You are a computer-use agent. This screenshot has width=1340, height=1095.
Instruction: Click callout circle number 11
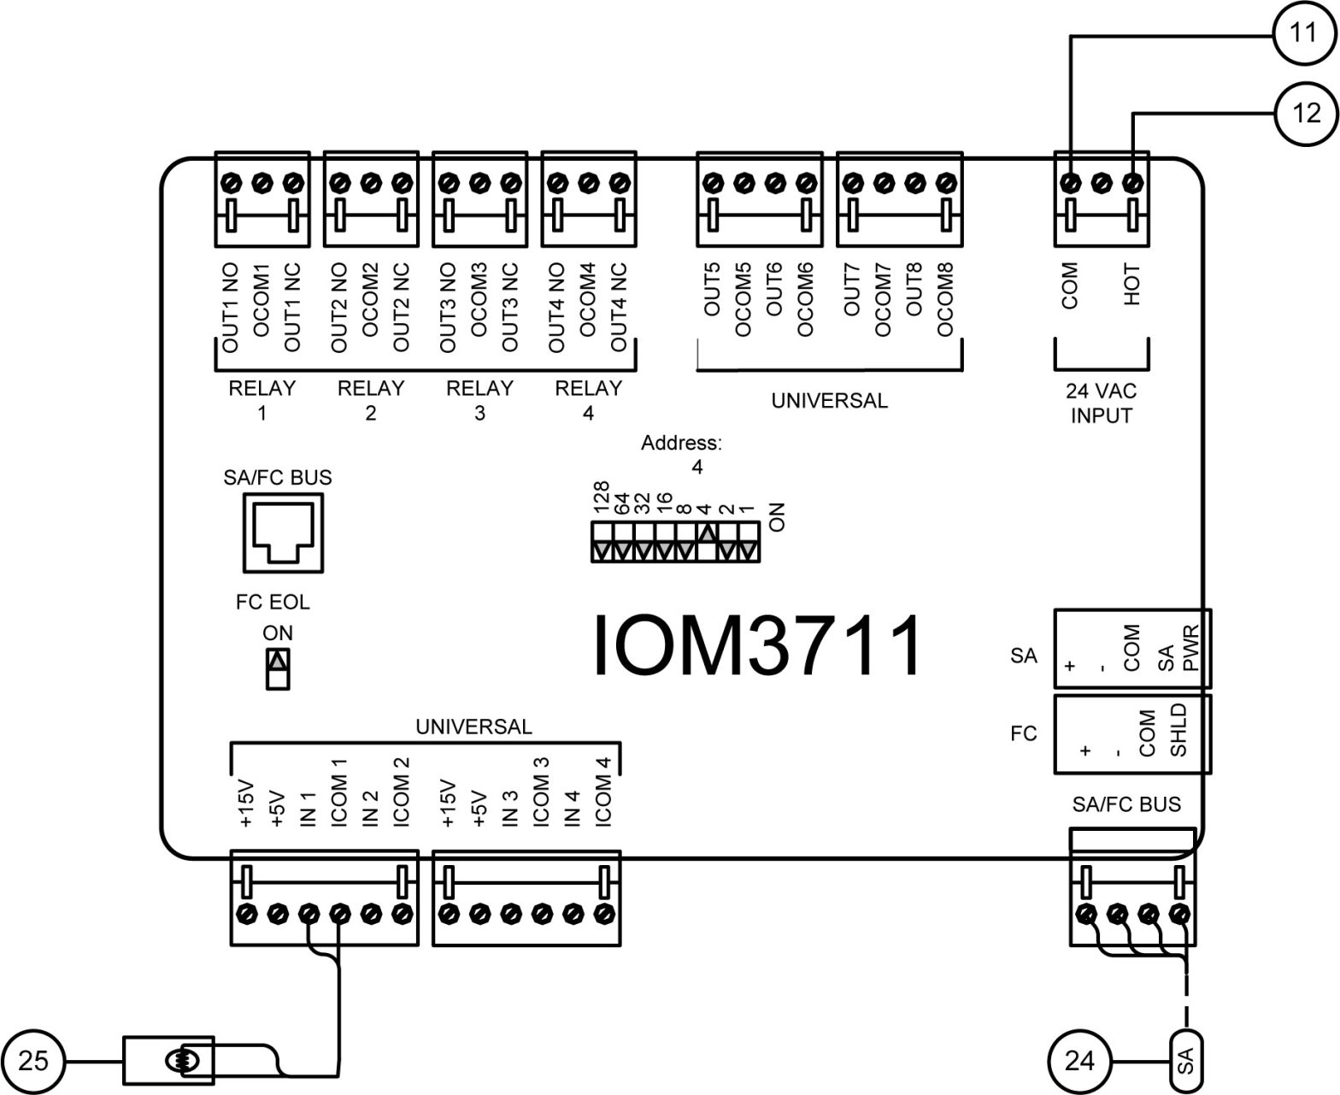click(1303, 33)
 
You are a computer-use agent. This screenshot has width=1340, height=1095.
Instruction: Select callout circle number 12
click(1306, 113)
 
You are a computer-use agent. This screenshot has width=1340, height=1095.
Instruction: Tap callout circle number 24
click(1079, 1061)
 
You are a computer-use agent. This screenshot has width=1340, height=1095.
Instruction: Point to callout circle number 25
click(33, 1061)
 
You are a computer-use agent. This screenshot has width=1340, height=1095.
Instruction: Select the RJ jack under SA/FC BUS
click(285, 535)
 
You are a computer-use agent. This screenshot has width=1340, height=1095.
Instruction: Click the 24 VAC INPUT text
click(1101, 403)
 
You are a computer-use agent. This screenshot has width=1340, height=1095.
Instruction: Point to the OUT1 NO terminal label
click(230, 308)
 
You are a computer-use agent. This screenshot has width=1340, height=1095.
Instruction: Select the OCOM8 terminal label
click(945, 299)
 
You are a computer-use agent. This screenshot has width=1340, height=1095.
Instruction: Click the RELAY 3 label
click(479, 400)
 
